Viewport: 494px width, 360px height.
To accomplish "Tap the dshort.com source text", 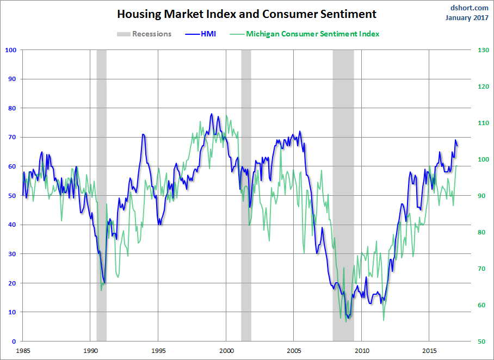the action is tap(469, 8).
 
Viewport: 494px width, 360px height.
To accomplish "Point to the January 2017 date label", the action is tap(467, 17).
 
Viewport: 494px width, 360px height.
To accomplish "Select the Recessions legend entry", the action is tap(144, 34).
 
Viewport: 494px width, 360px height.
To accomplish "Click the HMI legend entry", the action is tap(200, 34).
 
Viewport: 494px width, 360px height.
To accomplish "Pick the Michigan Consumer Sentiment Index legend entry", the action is tap(304, 34).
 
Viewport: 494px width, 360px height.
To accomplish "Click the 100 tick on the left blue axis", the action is tap(10, 50).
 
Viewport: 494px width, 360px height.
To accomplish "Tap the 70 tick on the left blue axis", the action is tap(12, 137).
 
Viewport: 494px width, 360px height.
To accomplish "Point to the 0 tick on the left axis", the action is tap(14, 341).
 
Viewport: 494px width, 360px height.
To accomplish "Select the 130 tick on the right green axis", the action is tap(483, 50).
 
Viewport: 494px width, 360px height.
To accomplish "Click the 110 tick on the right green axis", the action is tap(483, 123).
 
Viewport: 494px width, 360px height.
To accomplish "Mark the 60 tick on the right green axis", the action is tap(481, 305).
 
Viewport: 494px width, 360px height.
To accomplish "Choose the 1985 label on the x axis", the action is tap(23, 351).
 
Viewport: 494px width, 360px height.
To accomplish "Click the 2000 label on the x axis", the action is tap(226, 351).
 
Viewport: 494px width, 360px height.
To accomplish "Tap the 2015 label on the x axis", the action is tap(429, 351).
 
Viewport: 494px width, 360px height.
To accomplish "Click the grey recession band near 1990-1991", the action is tap(101, 195).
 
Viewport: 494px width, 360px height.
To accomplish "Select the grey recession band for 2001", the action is tap(246, 195).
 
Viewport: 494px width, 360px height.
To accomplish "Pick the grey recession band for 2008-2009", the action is tap(343, 195).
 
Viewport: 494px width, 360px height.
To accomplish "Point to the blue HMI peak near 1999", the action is tap(212, 114).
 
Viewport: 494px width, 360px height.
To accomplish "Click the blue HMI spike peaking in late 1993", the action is tap(143, 134).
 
